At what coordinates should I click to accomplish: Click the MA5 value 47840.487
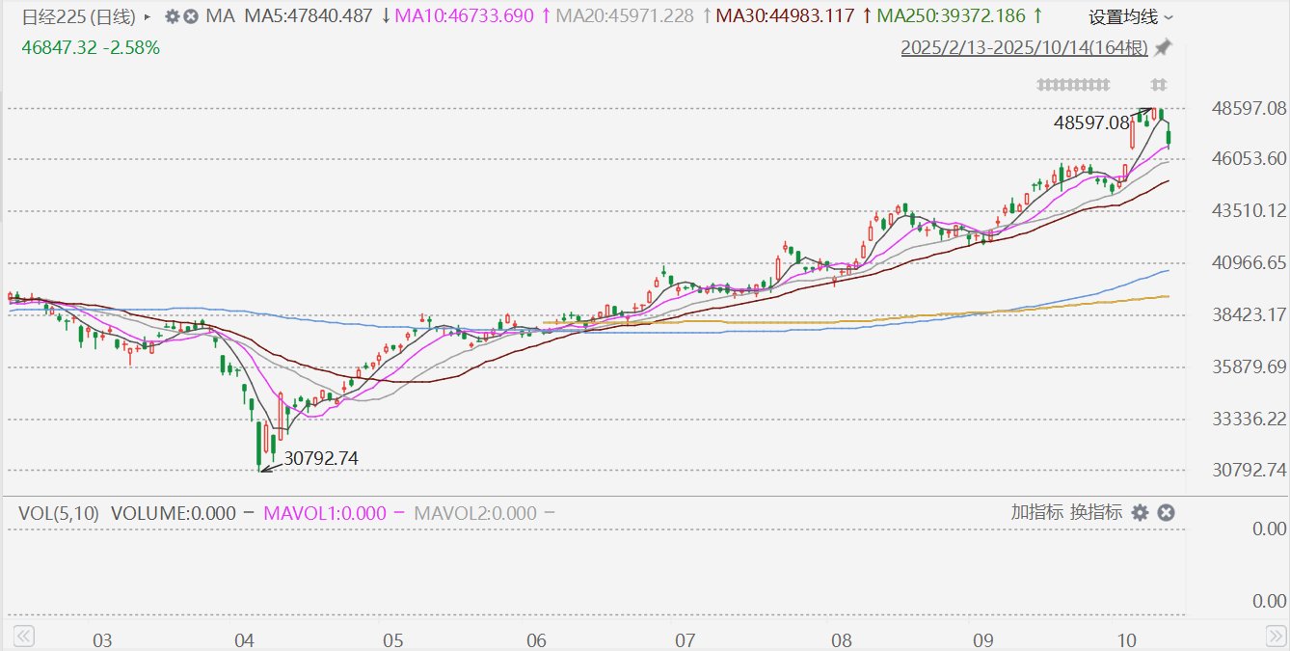[308, 16]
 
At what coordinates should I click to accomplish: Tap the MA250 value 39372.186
[952, 16]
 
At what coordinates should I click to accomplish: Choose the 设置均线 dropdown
[1131, 17]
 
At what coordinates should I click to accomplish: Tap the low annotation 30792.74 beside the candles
[321, 459]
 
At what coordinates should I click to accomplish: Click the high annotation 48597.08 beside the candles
[1091, 122]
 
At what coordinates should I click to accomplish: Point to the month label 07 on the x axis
[685, 640]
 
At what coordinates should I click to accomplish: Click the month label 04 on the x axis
[245, 640]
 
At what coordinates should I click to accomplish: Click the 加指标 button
[1036, 512]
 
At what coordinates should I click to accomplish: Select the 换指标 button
[1096, 512]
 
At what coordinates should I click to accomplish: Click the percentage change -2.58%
[133, 47]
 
